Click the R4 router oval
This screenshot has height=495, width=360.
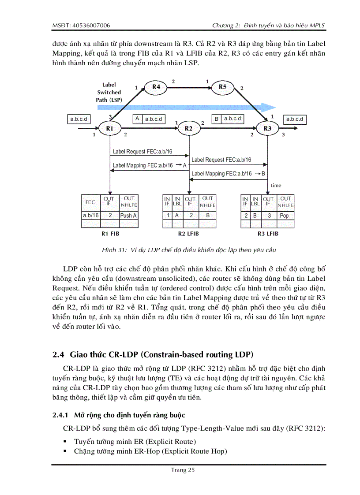click(156, 87)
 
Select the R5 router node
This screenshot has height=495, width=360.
click(223, 87)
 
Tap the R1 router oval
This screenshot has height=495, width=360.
click(110, 128)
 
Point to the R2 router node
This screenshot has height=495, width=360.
click(189, 128)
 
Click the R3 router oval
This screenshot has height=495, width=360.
click(268, 128)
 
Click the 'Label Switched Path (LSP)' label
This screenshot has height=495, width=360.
click(109, 92)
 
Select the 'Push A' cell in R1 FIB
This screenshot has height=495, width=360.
click(128, 216)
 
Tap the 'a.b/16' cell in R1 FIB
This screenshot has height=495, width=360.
click(91, 216)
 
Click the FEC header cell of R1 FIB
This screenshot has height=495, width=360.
click(90, 202)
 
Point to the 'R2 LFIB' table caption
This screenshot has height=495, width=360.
click(189, 234)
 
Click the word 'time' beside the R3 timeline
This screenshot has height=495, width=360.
click(276, 186)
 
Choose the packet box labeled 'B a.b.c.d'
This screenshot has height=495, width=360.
click(228, 119)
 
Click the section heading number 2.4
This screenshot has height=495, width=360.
click(58, 354)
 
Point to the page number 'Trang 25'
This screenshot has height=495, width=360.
click(183, 470)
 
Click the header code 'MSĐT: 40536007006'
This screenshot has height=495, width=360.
click(81, 26)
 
